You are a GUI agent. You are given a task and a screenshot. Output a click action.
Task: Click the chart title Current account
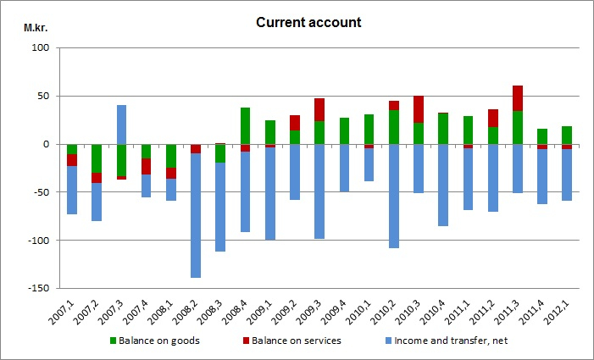click(x=308, y=22)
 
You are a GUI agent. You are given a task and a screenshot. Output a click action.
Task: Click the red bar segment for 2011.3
click(x=517, y=98)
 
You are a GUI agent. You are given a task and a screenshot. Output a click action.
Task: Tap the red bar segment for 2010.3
click(x=419, y=109)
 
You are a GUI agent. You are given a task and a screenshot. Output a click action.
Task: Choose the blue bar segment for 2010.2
click(x=394, y=196)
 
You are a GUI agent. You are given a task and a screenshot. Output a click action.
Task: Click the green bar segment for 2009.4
click(x=344, y=130)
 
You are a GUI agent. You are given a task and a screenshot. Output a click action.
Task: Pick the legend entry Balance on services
click(x=287, y=341)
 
